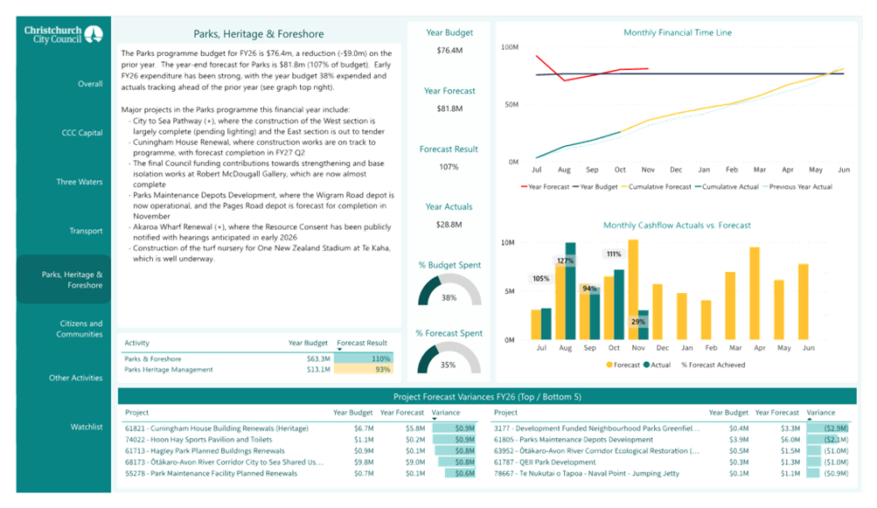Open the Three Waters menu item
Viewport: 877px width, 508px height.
point(80,183)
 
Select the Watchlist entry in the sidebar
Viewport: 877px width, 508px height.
point(87,427)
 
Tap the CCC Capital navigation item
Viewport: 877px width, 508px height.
point(83,133)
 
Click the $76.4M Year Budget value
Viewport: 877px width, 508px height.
point(449,51)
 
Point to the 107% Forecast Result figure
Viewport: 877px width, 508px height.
point(449,167)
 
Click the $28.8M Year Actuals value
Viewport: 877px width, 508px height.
point(449,225)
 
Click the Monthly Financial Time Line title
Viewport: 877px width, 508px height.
point(678,32)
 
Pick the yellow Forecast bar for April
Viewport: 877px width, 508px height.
point(754,293)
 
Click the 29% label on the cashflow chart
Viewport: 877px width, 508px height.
point(637,322)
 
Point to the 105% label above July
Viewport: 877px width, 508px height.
point(540,279)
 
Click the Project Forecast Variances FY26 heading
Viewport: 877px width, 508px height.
point(486,397)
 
